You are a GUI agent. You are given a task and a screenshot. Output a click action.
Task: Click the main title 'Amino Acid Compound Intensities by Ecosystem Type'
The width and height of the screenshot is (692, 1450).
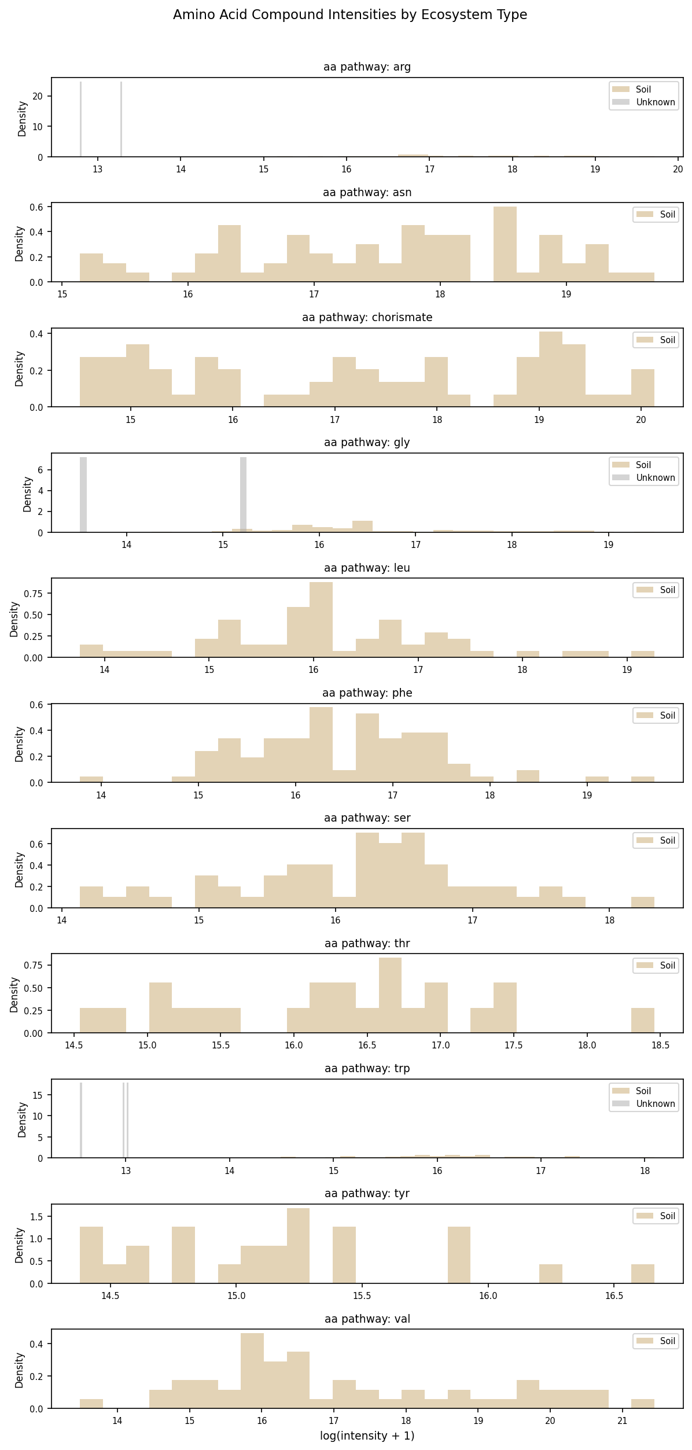coord(349,15)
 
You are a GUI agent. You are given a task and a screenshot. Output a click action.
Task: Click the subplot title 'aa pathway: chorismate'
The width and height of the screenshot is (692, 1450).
coord(367,317)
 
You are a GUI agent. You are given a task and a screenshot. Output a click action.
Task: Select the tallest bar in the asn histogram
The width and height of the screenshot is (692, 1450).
coord(505,244)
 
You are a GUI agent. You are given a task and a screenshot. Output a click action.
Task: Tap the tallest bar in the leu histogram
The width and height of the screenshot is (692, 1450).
coord(321,620)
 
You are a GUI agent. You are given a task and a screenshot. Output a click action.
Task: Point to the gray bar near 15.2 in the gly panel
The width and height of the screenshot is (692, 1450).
coord(243,495)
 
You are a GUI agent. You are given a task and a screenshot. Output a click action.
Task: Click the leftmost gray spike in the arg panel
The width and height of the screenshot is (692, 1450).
coord(80,119)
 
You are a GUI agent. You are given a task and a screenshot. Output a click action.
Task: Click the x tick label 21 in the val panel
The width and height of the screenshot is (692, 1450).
coord(622,1421)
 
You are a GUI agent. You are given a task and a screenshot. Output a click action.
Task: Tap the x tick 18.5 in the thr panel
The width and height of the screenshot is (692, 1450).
coord(660,1045)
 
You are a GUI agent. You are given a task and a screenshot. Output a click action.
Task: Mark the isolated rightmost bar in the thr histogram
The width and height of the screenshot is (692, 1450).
coord(642,1021)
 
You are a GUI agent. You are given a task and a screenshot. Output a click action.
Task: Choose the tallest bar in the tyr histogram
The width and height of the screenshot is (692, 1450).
coord(298,1246)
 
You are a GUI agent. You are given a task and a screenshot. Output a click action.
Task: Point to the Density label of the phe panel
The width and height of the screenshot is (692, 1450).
coord(19,744)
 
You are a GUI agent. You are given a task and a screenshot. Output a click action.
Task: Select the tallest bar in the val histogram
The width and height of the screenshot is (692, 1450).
coord(252,1371)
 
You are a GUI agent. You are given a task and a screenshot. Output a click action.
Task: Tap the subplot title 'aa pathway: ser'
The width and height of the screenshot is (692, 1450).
coord(367,818)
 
